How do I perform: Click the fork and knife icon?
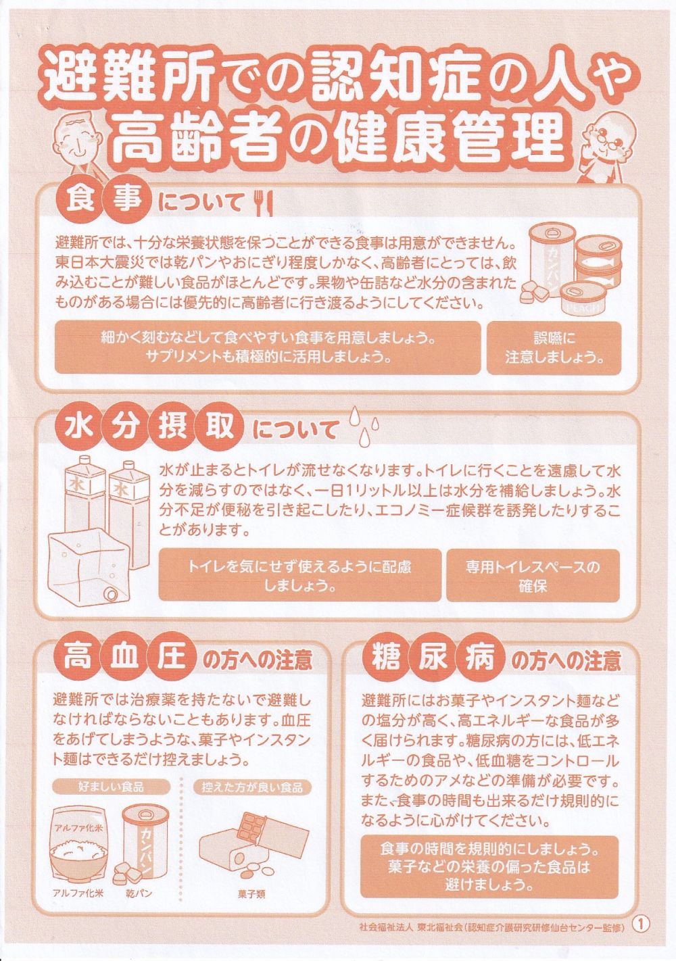point(264,203)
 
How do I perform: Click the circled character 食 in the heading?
point(80,200)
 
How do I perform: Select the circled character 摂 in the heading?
point(172,427)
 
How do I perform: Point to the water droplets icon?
point(364,426)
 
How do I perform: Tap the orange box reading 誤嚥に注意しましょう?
point(554,347)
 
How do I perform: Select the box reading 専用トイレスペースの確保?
point(533,576)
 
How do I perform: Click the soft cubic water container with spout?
point(89,567)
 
